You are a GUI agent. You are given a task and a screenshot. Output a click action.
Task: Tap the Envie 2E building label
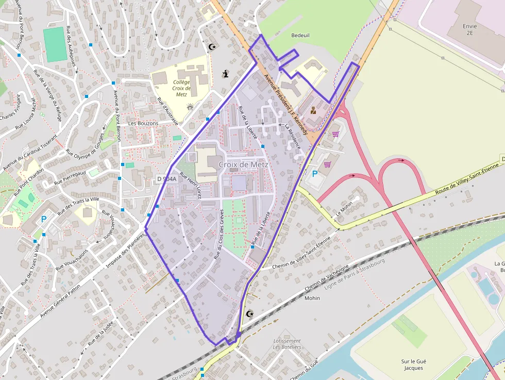[469, 29]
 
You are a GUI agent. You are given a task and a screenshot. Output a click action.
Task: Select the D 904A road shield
[166, 179]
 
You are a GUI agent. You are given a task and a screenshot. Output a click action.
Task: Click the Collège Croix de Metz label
[181, 88]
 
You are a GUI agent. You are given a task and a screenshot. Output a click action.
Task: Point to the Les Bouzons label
[143, 124]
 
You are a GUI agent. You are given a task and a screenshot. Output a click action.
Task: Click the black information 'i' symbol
[225, 74]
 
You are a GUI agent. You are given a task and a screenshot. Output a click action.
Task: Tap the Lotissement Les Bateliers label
[287, 344]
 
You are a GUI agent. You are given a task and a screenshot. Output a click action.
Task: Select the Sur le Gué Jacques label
[413, 365]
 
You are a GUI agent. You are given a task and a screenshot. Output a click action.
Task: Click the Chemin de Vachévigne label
[326, 277]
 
